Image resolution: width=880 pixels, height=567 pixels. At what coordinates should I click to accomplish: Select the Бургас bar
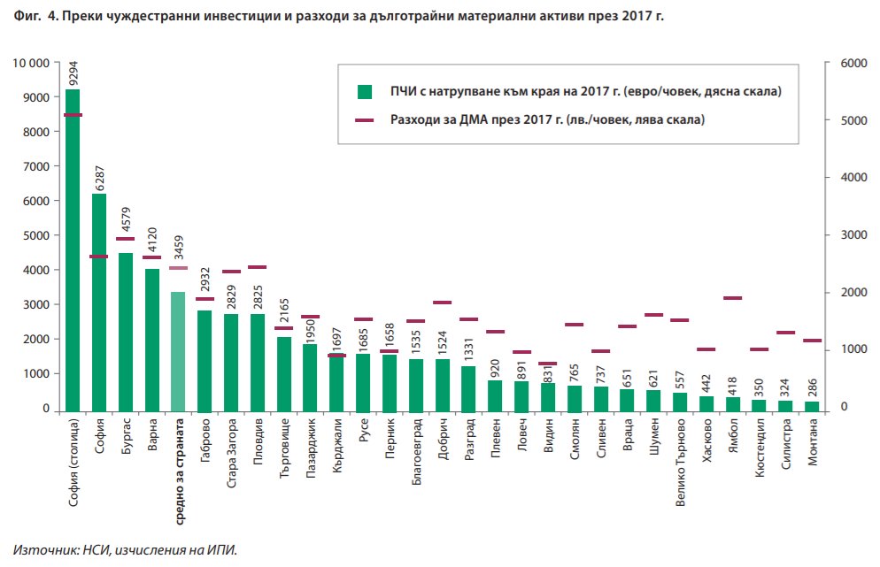click(x=125, y=332)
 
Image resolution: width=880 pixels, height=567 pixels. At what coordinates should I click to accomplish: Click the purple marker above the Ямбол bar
click(x=732, y=298)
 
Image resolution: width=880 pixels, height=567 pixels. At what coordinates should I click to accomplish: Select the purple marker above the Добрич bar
click(x=443, y=303)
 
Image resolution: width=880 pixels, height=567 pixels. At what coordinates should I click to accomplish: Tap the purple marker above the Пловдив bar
click(x=257, y=267)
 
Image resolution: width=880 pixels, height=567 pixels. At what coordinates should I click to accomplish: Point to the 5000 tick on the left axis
click(x=35, y=236)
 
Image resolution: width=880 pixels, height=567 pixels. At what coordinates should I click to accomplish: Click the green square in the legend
click(x=364, y=91)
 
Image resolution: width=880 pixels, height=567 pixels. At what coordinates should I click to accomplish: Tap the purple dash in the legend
click(x=364, y=119)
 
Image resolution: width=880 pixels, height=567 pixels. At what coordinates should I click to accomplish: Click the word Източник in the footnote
click(x=39, y=549)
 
